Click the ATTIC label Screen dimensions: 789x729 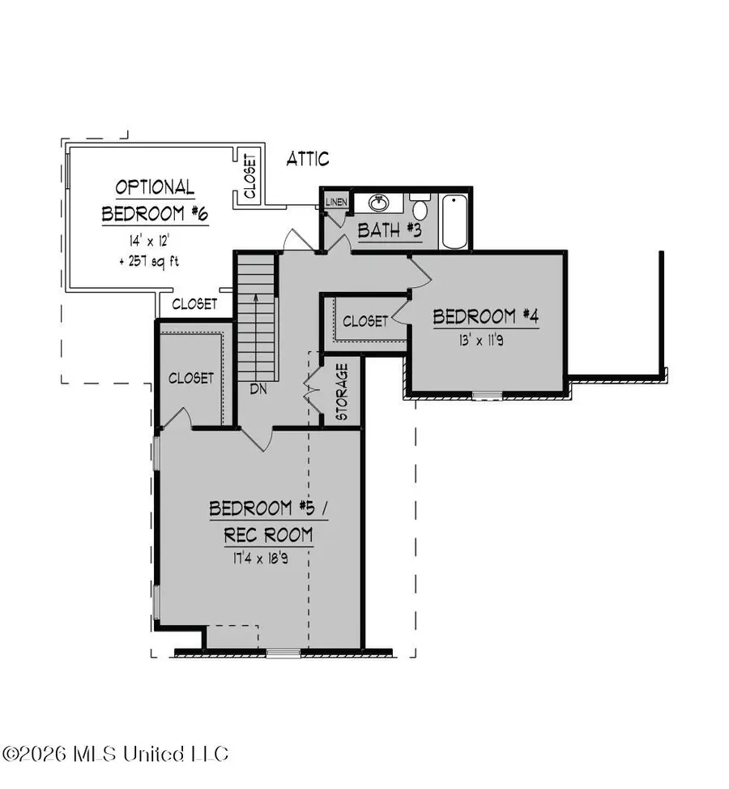(308, 159)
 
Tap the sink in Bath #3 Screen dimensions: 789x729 (378, 202)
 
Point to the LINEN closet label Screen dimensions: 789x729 (336, 201)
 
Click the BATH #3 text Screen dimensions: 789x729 (390, 230)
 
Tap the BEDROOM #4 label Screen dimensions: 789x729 (485, 315)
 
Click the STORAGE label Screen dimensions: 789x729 (342, 392)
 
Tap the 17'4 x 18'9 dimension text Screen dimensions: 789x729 (261, 557)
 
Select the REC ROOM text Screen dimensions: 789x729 (261, 535)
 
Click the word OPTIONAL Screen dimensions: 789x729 (155, 188)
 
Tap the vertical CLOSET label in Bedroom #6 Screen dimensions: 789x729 (249, 177)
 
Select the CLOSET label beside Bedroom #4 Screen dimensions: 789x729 (365, 321)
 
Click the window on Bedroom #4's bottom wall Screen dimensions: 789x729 (488, 396)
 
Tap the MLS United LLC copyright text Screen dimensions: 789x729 (116, 753)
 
